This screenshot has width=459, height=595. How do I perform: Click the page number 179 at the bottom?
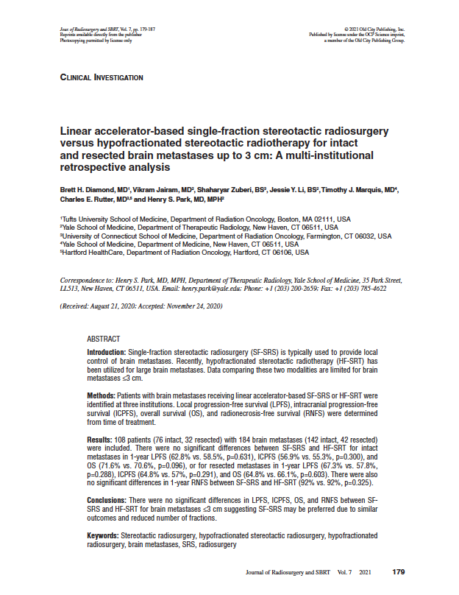point(399,571)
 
